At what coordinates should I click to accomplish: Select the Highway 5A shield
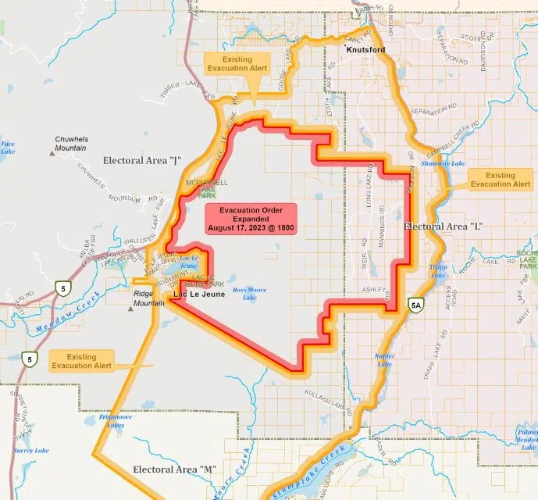(416, 305)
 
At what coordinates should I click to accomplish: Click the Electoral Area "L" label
(444, 227)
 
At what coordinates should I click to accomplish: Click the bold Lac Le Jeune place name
(199, 294)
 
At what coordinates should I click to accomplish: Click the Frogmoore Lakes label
(115, 422)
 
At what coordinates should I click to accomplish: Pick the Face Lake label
(8, 147)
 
